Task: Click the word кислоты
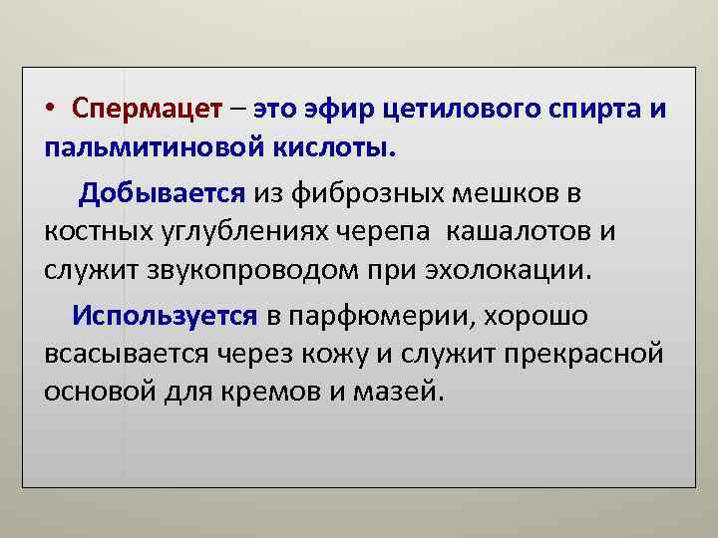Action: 333,147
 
